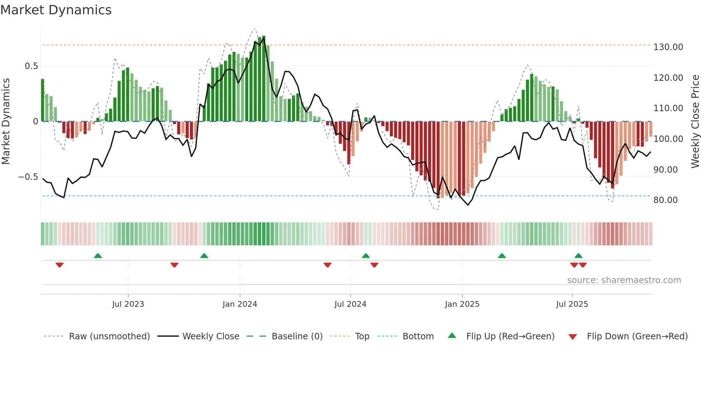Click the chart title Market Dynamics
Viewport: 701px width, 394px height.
point(56,10)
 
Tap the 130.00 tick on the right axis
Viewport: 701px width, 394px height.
point(668,47)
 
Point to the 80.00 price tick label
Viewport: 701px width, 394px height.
point(665,200)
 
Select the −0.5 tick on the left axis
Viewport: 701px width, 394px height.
point(28,177)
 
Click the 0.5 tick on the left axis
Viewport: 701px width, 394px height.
point(31,66)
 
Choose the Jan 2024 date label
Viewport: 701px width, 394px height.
point(240,304)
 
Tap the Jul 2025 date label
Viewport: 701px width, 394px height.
point(572,304)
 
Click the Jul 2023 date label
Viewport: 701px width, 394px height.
point(128,304)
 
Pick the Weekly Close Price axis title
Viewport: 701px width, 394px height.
point(695,122)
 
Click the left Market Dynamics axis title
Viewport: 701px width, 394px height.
point(6,122)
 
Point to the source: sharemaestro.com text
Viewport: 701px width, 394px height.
point(624,280)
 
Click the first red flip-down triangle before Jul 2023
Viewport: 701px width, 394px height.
point(59,265)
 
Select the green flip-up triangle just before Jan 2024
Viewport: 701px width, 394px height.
point(204,256)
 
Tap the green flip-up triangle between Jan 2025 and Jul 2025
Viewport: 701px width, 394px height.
point(502,256)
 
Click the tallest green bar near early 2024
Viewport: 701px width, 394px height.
point(264,79)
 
